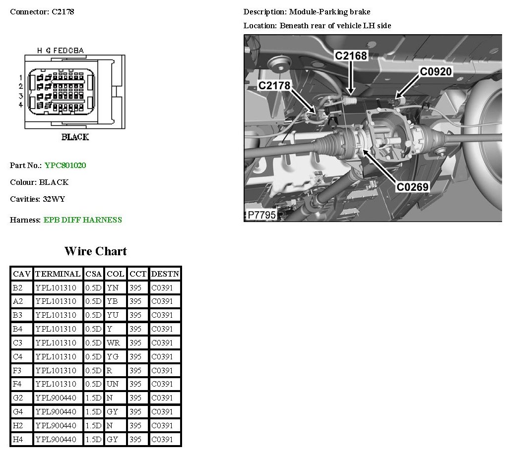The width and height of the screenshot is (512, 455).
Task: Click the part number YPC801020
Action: pyautogui.click(x=65, y=166)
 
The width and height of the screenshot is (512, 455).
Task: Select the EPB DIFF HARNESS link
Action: pyautogui.click(x=83, y=220)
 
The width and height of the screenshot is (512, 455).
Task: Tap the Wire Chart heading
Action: pyautogui.click(x=96, y=251)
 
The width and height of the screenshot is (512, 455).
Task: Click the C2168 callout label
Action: pyautogui.click(x=351, y=56)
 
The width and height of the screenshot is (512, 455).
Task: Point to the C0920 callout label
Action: pyautogui.click(x=436, y=72)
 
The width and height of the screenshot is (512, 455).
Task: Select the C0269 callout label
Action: pyautogui.click(x=412, y=187)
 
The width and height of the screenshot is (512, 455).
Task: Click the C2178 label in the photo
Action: pyautogui.click(x=274, y=85)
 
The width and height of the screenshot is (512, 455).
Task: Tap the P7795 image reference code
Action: pyautogui.click(x=261, y=215)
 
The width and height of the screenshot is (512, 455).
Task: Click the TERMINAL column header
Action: pyautogui.click(x=58, y=274)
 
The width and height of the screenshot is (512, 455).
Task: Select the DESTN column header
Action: pyautogui.click(x=165, y=274)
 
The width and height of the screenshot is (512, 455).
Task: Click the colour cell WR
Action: pyautogui.click(x=113, y=343)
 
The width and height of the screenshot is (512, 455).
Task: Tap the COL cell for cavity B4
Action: pyautogui.click(x=110, y=329)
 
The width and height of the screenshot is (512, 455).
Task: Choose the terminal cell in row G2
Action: pyautogui.click(x=56, y=398)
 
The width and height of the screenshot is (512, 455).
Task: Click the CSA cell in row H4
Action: pyautogui.click(x=93, y=439)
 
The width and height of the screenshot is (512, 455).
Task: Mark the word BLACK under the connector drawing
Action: pyautogui.click(x=75, y=137)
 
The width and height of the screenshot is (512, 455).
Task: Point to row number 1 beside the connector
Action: pyautogui.click(x=21, y=78)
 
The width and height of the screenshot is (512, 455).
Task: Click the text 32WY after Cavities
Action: pyautogui.click(x=54, y=199)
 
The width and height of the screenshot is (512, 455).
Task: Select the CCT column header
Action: pyautogui.click(x=138, y=274)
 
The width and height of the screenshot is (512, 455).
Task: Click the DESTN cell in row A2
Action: pyautogui.click(x=162, y=301)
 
